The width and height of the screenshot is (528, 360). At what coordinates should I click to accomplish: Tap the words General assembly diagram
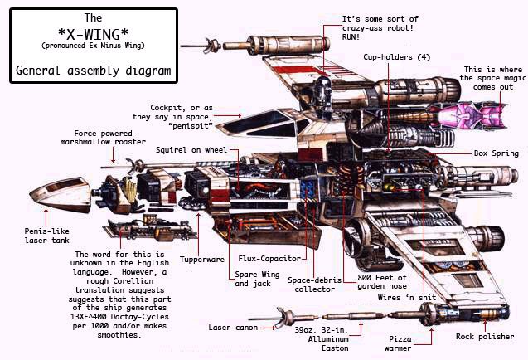click(94, 71)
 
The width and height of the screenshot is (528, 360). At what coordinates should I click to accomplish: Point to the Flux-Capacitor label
click(264, 258)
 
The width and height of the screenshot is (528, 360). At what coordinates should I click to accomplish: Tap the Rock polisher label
click(482, 336)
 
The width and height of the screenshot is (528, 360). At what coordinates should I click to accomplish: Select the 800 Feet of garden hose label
click(382, 283)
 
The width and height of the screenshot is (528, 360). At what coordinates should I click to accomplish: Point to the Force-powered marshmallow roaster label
click(109, 138)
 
